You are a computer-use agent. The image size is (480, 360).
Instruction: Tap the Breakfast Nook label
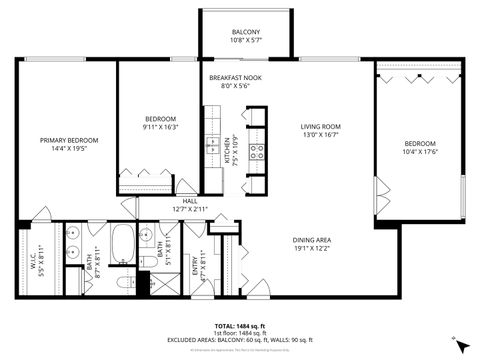(x=236, y=78)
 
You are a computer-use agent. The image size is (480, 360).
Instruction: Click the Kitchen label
(x=227, y=152)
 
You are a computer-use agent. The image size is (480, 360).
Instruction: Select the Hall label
(x=189, y=201)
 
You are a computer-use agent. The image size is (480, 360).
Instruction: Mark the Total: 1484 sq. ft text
(x=240, y=326)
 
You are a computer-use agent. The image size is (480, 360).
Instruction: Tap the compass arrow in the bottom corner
(x=460, y=345)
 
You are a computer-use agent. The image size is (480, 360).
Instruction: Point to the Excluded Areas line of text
(x=240, y=341)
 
